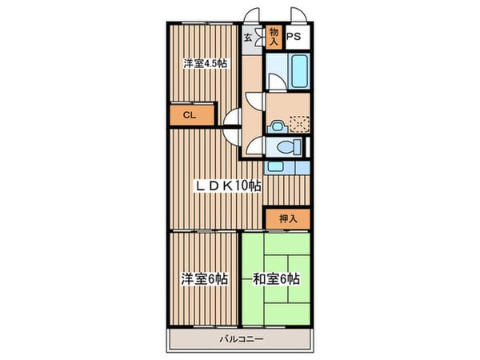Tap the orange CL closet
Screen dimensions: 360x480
pyautogui.click(x=191, y=115)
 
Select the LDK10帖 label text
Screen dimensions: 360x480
pyautogui.click(x=230, y=186)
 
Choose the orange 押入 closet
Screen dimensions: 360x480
pyautogui.click(x=287, y=217)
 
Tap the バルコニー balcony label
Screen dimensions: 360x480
pyautogui.click(x=242, y=339)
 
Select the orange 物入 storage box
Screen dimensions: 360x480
pyautogui.click(x=274, y=35)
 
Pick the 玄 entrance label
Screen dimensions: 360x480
pyautogui.click(x=249, y=37)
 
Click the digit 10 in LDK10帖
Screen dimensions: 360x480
pyautogui.click(x=240, y=186)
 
